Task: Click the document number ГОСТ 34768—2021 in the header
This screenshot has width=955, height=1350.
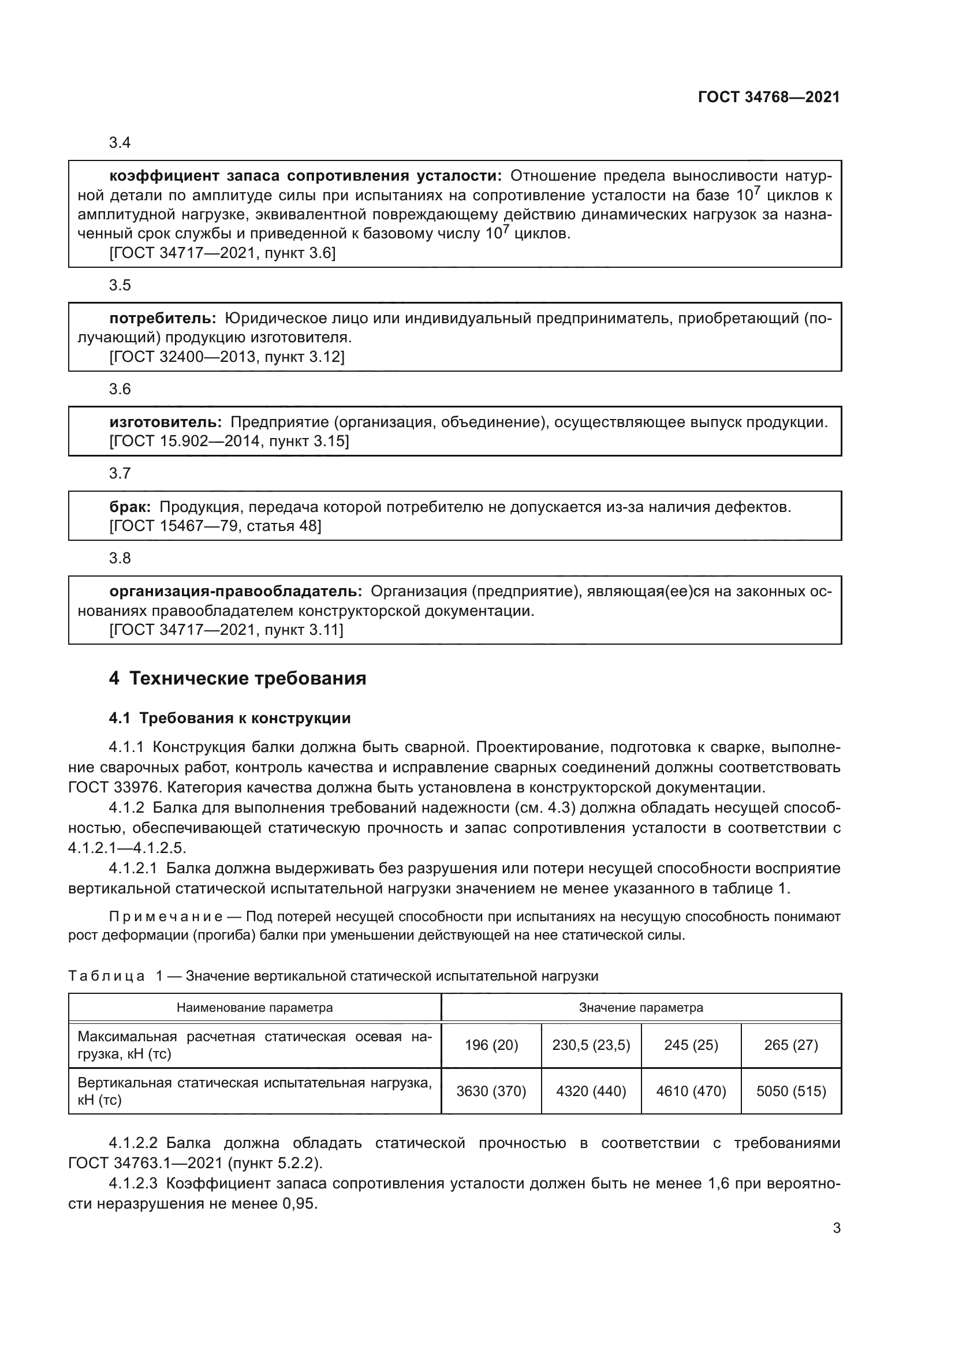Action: click(769, 98)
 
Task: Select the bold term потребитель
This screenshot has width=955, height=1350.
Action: click(163, 319)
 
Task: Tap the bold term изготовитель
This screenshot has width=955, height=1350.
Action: click(165, 422)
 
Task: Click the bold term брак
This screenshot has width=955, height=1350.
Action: click(130, 507)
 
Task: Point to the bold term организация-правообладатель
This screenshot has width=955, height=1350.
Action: click(236, 592)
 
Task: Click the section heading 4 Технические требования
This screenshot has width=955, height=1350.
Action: click(237, 678)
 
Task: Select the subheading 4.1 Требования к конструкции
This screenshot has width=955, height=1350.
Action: click(229, 718)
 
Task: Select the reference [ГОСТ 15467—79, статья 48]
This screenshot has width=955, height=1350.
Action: click(215, 526)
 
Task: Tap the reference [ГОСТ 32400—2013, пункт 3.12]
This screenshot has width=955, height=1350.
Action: click(227, 357)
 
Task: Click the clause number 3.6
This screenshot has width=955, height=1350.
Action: click(120, 389)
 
